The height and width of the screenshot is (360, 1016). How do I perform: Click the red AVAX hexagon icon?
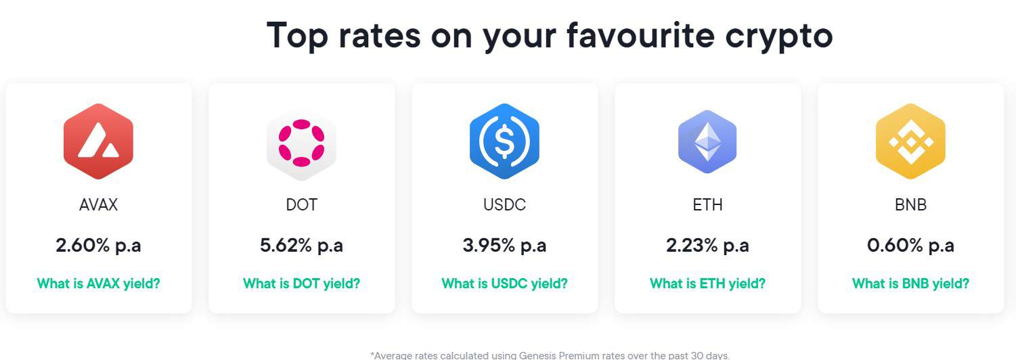[x=98, y=141]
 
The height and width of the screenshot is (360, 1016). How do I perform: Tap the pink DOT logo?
[x=301, y=141]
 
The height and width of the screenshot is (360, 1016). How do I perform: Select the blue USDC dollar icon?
[x=504, y=141]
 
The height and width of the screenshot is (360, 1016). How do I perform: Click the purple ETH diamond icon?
[x=707, y=141]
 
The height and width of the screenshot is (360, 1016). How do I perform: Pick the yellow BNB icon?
[x=910, y=141]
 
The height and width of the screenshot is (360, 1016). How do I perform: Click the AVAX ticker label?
[x=98, y=204]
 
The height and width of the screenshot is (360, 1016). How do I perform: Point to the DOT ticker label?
[x=301, y=204]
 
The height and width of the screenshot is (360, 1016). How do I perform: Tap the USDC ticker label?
[x=504, y=204]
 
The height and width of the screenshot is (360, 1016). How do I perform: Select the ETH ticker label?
[x=707, y=204]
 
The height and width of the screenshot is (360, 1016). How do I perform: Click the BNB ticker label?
[x=910, y=204]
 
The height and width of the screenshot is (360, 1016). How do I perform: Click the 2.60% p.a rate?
[x=98, y=245]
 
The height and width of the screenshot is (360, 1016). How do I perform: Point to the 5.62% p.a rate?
[x=301, y=245]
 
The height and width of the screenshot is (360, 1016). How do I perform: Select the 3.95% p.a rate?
[x=504, y=245]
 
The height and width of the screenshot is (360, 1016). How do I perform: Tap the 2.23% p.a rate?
[x=707, y=245]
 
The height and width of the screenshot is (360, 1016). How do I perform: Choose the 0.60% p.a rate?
[x=910, y=245]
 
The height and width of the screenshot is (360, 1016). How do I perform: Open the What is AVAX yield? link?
[x=98, y=284]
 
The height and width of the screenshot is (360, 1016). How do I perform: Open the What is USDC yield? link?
[x=504, y=284]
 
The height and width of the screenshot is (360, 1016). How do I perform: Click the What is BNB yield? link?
[x=910, y=284]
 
